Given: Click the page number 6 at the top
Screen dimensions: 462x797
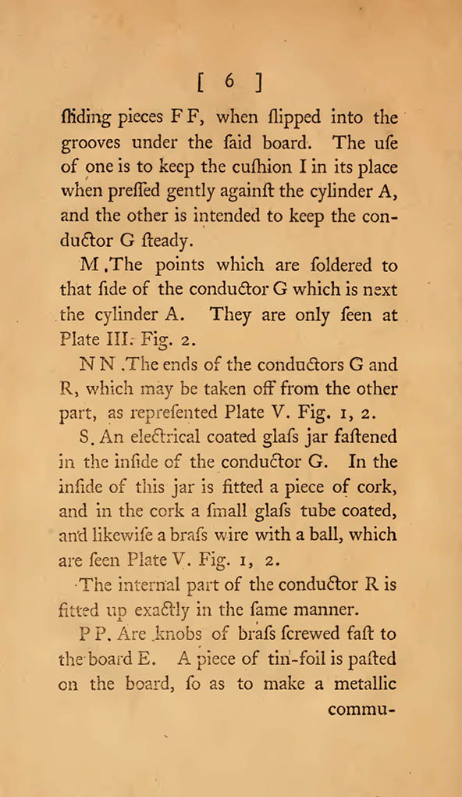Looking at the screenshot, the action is (x=231, y=80).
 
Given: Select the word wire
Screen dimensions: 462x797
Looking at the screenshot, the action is (x=234, y=535).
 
